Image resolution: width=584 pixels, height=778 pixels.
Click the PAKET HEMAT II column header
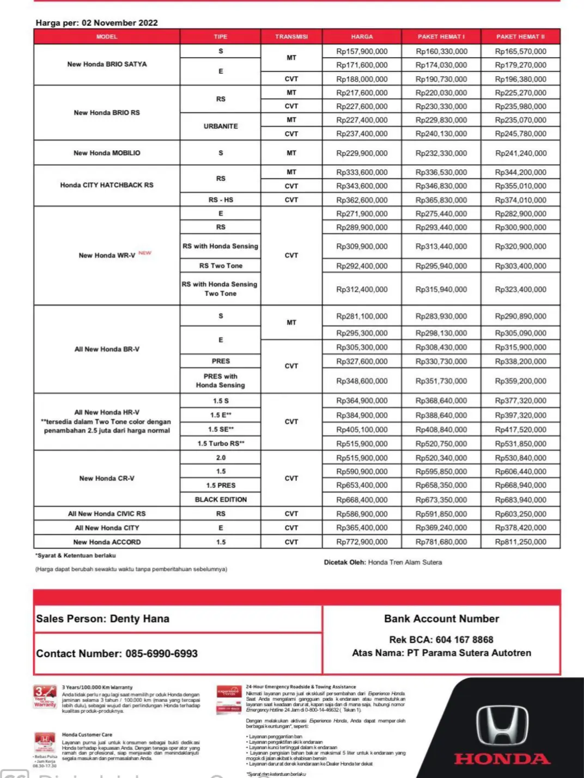tap(520, 36)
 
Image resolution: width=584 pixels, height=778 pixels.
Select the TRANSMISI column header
tap(291, 36)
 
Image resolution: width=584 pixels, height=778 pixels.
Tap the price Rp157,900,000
tap(362, 51)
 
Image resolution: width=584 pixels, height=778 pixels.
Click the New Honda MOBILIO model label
tap(107, 153)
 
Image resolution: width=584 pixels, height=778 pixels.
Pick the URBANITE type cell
tap(221, 126)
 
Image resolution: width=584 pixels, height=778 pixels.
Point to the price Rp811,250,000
tap(520, 542)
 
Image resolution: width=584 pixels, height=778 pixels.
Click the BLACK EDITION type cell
tap(221, 499)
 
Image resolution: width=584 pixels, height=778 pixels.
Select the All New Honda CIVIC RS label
tap(107, 513)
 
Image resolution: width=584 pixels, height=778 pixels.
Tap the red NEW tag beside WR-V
tap(145, 253)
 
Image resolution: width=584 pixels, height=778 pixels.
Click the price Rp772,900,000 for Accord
tap(362, 542)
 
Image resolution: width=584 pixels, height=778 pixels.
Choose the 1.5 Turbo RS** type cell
tap(221, 443)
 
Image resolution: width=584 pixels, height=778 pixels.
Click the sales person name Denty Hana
tap(139, 618)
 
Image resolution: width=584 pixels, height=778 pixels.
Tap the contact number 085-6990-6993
tap(161, 653)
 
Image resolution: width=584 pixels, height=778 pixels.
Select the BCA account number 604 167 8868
tap(465, 640)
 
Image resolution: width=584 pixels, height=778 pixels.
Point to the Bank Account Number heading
tap(441, 618)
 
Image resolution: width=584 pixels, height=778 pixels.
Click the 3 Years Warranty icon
tap(45, 696)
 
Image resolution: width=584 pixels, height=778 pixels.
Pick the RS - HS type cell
tap(221, 200)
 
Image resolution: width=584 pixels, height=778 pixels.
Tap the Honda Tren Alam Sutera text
tap(405, 562)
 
